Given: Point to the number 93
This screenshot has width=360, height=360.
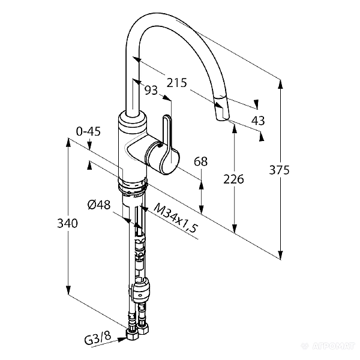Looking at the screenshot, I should pos(151,90).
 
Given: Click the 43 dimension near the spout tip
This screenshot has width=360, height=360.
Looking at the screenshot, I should pos(258,121).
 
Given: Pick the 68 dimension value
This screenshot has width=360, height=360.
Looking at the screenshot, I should pos(201,161).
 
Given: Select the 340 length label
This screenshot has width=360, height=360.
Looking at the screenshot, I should pos(68,224).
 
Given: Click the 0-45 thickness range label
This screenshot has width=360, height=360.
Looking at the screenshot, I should pos(88,131).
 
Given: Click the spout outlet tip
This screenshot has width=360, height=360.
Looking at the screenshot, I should pos(220,113).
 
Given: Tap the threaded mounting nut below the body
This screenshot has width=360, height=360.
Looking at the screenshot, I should pos(133,187).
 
